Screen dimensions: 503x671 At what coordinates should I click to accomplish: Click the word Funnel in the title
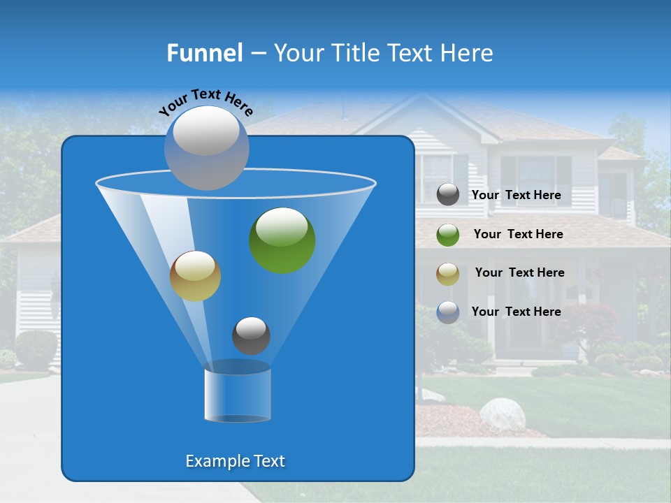tap(205, 53)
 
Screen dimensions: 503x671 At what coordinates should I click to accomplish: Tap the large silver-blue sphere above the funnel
tap(207, 147)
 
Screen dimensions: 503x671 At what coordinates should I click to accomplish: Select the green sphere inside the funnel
tap(282, 240)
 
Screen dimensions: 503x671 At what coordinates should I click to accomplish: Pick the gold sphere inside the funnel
tap(195, 276)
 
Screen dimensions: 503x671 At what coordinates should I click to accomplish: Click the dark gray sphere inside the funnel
tap(251, 335)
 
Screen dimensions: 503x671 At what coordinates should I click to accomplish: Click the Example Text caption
tap(235, 461)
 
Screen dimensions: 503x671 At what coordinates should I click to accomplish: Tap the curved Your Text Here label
tap(205, 102)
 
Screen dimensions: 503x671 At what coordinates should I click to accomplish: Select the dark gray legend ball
tap(448, 194)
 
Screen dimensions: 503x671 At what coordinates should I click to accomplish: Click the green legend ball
tap(448, 235)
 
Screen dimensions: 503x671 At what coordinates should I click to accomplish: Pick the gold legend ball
tap(448, 273)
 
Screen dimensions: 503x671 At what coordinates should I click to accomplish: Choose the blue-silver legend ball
tap(448, 312)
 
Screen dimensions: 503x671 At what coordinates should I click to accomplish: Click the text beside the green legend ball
tap(518, 234)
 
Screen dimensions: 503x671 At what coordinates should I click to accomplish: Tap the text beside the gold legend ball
tap(519, 272)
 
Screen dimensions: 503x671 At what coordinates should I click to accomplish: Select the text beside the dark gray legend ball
tap(516, 195)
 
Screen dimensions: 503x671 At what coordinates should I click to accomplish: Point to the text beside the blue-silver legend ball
tap(516, 312)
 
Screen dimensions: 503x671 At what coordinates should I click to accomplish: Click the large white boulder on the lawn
tap(502, 413)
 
